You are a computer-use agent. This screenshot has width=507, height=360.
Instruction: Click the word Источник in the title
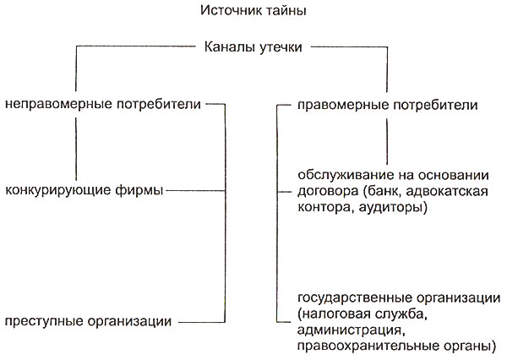tap(231, 11)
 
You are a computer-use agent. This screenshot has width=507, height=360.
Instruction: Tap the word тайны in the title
tap(286, 11)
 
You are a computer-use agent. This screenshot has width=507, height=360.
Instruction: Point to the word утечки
tap(281, 47)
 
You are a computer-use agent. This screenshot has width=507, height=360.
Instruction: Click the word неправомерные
tap(58, 105)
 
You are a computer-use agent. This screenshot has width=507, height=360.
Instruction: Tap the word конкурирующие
tap(58, 190)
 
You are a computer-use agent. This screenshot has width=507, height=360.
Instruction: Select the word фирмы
tap(139, 190)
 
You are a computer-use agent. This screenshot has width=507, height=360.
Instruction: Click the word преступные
tap(44, 321)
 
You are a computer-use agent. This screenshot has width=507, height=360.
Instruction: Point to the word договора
tap(328, 192)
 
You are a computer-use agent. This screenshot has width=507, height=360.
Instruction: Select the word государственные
tap(355, 298)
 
